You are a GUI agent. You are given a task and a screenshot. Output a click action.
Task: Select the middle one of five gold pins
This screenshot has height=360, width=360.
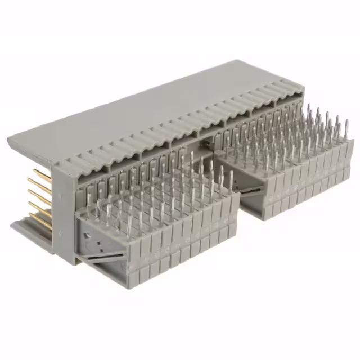click(38, 195)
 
